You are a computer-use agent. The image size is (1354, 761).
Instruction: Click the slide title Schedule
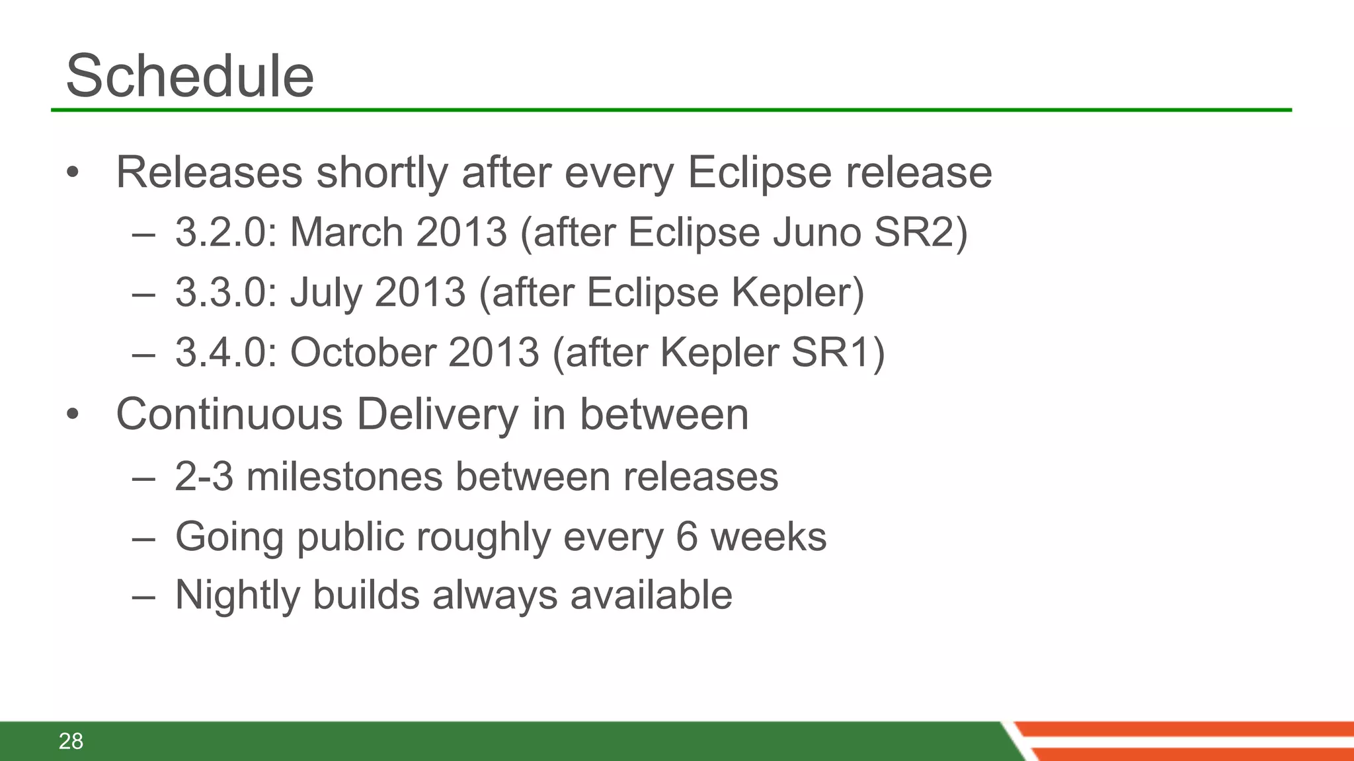tap(190, 76)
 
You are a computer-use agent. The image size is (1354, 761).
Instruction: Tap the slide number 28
tap(71, 741)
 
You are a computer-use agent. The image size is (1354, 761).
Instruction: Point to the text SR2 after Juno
tap(914, 233)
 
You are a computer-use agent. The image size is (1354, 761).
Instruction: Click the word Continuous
tap(229, 414)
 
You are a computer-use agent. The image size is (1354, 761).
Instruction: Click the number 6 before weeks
tap(687, 536)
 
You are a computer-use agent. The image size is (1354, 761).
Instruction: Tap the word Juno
tap(816, 233)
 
